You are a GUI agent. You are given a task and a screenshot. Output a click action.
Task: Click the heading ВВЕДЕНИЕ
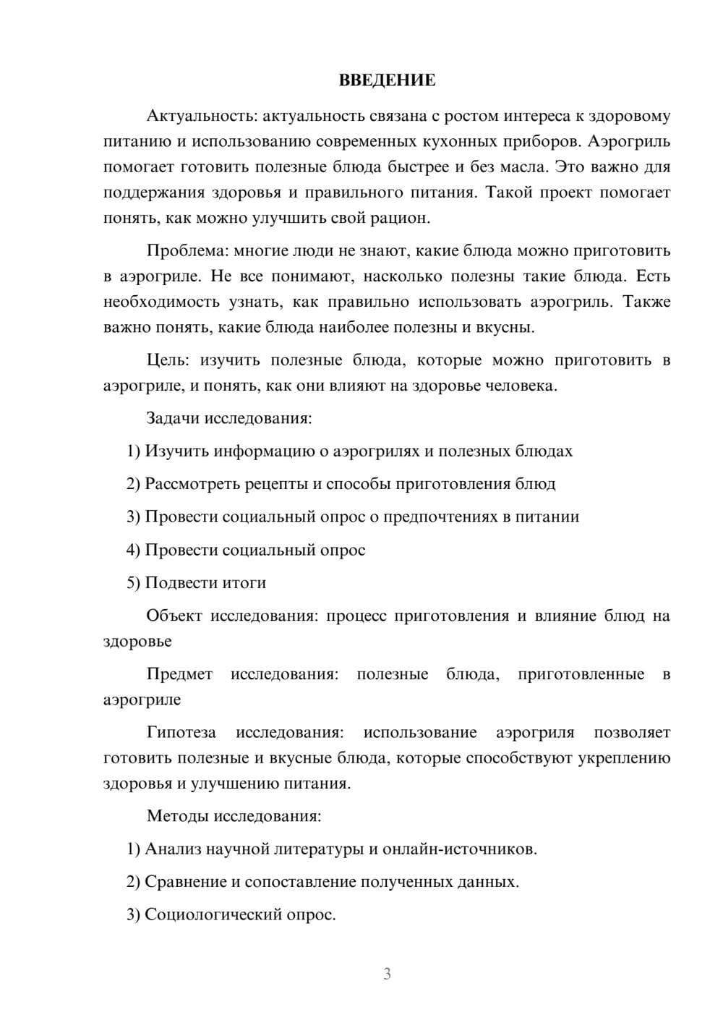point(387,80)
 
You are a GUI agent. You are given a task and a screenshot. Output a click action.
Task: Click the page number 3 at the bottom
point(387,974)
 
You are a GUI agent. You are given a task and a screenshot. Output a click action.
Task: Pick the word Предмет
point(179,674)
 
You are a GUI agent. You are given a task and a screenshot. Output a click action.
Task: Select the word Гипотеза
point(181,733)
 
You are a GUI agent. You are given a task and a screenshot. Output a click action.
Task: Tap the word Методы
point(177,816)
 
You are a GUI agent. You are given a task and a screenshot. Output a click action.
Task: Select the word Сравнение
point(185,882)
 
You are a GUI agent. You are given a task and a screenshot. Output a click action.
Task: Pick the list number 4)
point(133,550)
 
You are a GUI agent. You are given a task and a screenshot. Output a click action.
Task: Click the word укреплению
point(624,758)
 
